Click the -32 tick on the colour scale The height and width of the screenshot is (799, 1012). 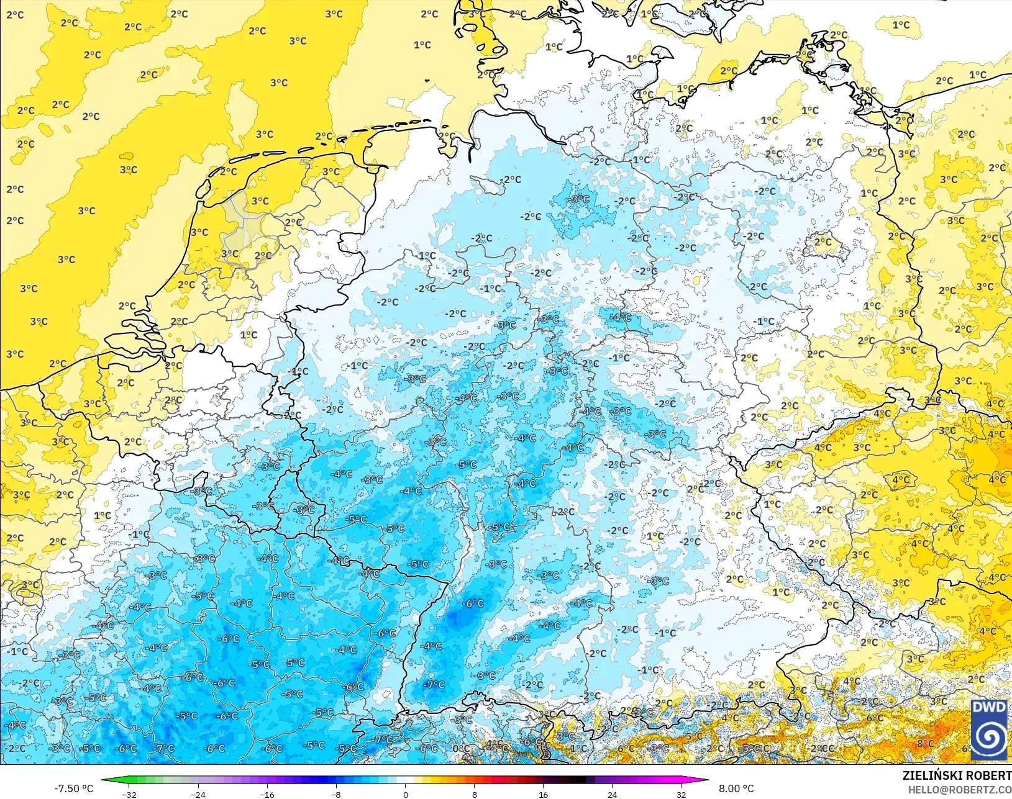[x=129, y=794]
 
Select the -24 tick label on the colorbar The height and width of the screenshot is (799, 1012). [x=198, y=794]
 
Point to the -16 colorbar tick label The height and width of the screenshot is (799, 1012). [x=267, y=794]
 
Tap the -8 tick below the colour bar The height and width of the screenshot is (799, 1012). [x=336, y=794]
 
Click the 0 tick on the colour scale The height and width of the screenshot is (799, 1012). [x=405, y=794]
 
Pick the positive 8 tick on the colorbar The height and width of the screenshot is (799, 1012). [x=474, y=794]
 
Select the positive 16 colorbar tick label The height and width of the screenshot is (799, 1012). [x=543, y=794]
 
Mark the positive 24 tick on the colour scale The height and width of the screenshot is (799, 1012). [x=612, y=794]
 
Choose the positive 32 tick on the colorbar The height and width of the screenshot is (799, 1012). [x=681, y=794]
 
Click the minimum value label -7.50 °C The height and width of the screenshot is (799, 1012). [x=73, y=788]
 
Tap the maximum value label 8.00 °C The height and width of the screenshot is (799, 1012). [x=736, y=788]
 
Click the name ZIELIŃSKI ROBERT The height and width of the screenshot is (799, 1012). [x=957, y=775]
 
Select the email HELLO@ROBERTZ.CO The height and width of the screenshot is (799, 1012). [x=960, y=790]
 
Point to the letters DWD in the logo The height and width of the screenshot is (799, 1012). [x=989, y=708]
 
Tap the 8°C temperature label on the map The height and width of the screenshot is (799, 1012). [x=925, y=743]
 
